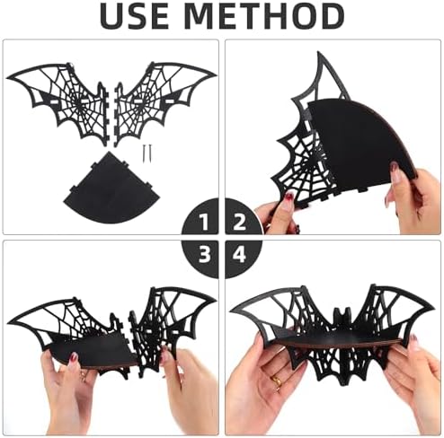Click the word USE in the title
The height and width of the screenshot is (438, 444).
click(x=135, y=16)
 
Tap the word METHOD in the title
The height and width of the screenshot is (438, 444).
click(x=264, y=16)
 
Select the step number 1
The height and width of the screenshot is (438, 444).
click(x=205, y=222)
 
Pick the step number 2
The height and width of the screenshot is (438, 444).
click(x=240, y=222)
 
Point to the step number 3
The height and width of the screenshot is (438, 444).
click(x=205, y=255)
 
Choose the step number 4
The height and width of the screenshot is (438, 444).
click(x=239, y=255)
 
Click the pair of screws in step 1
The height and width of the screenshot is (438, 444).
click(x=147, y=152)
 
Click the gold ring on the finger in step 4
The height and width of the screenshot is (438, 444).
click(x=276, y=381)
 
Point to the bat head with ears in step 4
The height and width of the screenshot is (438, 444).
click(x=342, y=317)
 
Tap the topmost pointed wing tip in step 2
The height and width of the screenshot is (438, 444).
click(x=318, y=53)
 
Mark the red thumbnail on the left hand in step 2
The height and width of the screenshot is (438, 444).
click(x=290, y=197)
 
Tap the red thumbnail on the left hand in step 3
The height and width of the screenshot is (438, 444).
click(x=74, y=357)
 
